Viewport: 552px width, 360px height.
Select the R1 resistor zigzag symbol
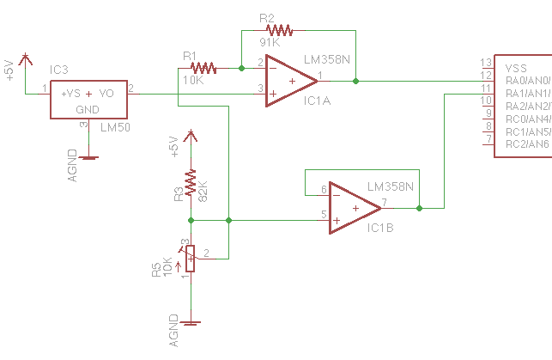(205, 67)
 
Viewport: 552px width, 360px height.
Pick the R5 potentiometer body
(191, 257)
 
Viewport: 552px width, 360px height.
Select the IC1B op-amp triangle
(353, 208)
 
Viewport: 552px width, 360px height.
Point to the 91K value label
(270, 42)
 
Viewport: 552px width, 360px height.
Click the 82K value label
(204, 192)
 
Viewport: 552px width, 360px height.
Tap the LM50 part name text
(114, 127)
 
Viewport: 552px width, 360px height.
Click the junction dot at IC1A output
(355, 82)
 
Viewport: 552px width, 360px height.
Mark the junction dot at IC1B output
(418, 208)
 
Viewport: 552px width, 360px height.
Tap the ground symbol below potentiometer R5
(191, 323)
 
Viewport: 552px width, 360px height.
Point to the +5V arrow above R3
(191, 135)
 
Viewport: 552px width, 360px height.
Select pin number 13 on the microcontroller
(486, 63)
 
